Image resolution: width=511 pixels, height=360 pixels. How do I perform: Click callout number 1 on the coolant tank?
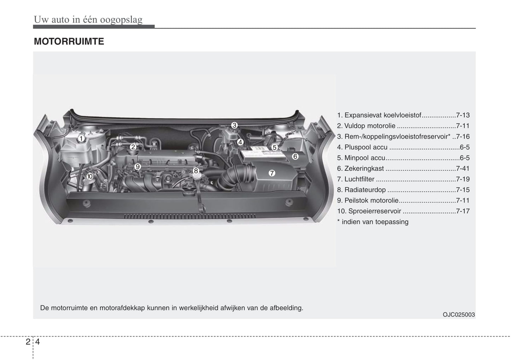click(81, 138)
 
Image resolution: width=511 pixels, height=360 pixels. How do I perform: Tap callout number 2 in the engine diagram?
click(133, 147)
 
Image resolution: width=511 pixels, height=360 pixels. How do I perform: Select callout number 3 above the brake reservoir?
click(234, 125)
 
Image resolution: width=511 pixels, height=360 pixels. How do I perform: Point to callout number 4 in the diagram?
click(240, 142)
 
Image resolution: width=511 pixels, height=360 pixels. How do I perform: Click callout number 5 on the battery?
click(275, 148)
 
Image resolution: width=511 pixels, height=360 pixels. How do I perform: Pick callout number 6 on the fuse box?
click(295, 157)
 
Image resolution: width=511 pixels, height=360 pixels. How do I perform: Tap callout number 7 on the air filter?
click(272, 173)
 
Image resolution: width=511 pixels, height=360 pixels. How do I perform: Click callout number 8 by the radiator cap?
click(196, 171)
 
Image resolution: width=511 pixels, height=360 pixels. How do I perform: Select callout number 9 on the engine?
click(138, 167)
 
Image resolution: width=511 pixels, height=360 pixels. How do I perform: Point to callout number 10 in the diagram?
click(90, 176)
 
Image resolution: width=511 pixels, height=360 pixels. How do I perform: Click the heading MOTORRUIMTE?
click(69, 41)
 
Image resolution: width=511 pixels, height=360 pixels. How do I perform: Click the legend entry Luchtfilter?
click(359, 179)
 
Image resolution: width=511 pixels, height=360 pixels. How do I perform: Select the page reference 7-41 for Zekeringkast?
click(463, 169)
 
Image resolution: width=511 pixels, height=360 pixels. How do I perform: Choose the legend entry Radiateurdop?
click(365, 190)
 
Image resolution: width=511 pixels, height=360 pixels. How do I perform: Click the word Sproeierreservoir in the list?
click(374, 211)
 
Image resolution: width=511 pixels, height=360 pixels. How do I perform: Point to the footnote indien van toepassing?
click(375, 222)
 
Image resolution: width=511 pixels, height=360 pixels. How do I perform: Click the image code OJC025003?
click(459, 315)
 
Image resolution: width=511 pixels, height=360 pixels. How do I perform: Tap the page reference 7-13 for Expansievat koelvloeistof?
click(463, 115)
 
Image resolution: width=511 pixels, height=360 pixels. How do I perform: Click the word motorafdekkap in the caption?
click(122, 308)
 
